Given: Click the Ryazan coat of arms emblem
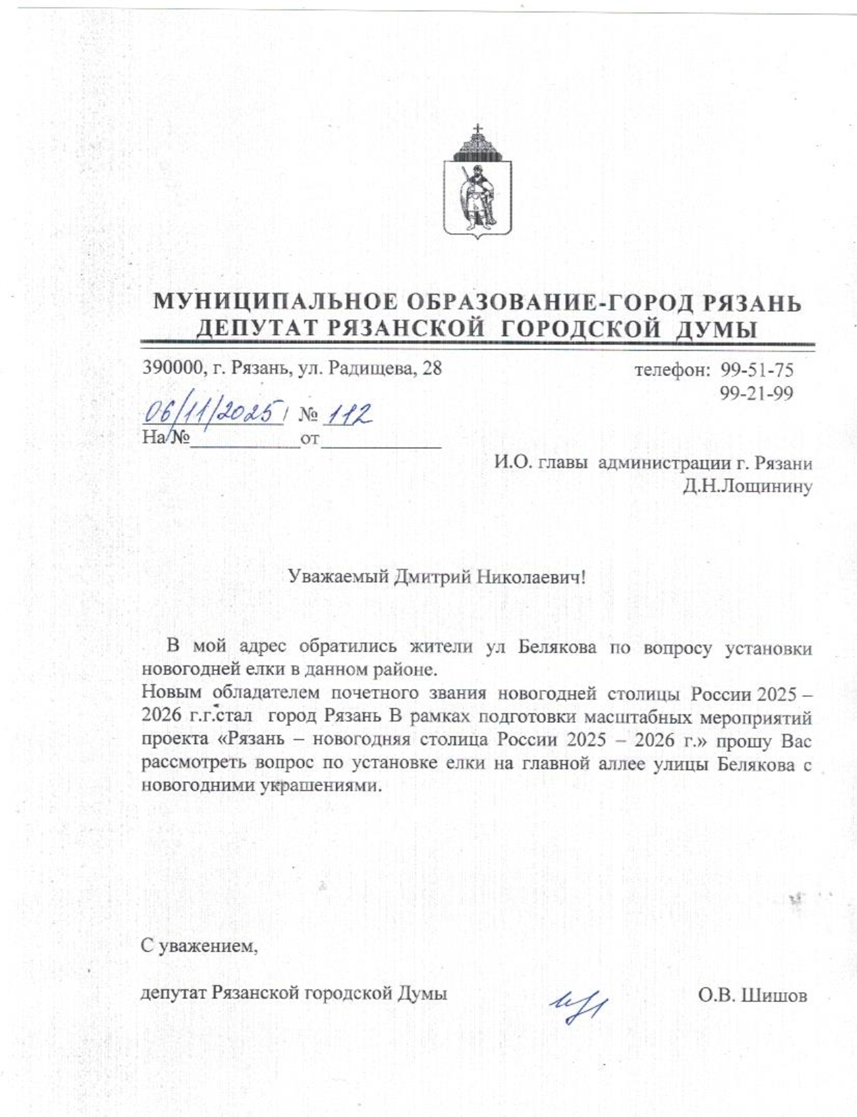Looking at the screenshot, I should coord(477,187).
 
